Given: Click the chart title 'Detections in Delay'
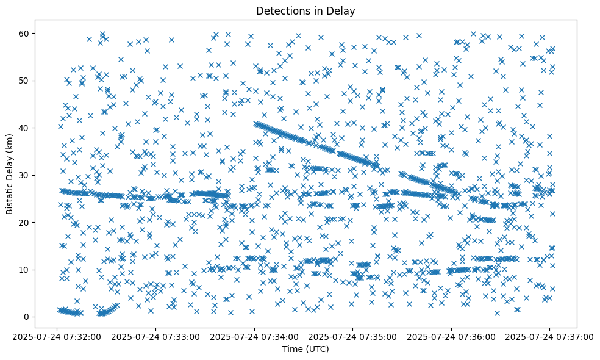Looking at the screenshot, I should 305,10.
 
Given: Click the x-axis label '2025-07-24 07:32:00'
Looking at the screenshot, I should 57,336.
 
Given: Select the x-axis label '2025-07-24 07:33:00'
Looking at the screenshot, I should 155,336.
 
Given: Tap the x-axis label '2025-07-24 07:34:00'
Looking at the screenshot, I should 254,336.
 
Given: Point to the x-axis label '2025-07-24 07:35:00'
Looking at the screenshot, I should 352,336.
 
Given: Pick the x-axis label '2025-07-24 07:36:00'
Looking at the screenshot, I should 451,336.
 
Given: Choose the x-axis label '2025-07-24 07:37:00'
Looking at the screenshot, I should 549,336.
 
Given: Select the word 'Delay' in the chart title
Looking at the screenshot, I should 343,10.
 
